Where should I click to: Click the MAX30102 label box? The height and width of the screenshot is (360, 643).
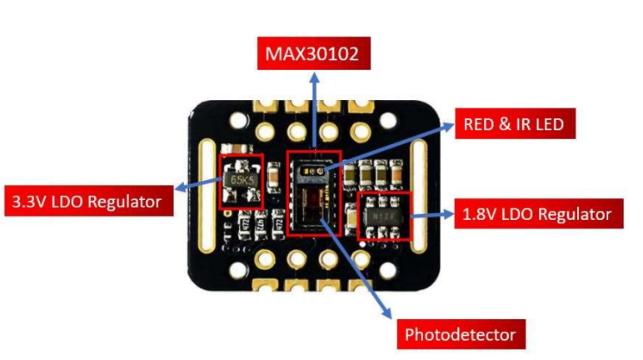tap(315, 55)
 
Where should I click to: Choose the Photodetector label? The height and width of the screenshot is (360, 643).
tap(460, 335)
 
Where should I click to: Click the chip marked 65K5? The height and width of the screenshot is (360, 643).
tap(241, 179)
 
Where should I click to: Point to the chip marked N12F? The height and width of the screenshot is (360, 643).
tap(384, 215)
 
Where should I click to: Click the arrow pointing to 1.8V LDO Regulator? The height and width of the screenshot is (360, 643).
tap(431, 215)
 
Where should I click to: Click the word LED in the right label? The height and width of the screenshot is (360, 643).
tap(546, 125)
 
